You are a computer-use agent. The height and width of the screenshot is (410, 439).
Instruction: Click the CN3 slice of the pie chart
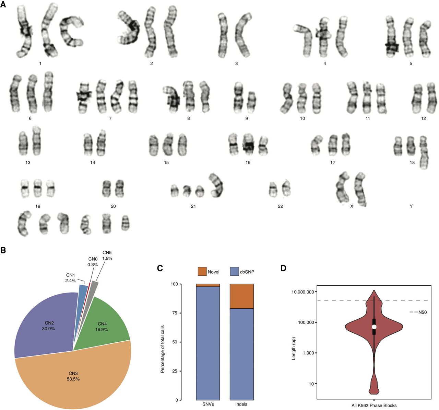(73, 374)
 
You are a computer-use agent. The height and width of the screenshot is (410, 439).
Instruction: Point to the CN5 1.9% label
(107, 255)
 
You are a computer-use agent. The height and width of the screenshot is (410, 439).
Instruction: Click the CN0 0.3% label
(93, 262)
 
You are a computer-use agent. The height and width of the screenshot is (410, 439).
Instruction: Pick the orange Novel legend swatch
(202, 271)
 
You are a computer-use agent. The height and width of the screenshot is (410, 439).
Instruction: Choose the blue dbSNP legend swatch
(235, 271)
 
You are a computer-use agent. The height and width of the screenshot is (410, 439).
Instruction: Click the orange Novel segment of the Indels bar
(241, 296)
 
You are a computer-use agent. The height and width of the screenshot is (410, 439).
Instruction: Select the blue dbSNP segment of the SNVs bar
(208, 343)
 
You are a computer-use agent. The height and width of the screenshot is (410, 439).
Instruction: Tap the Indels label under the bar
(241, 404)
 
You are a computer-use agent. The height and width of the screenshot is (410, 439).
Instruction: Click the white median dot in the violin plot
(374, 327)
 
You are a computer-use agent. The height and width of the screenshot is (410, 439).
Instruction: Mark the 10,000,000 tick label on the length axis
(303, 292)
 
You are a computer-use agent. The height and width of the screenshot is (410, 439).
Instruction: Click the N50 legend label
(423, 312)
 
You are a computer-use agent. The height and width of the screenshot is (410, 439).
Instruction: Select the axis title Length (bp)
(294, 349)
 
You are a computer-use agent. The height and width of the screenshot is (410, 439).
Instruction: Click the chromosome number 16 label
(248, 162)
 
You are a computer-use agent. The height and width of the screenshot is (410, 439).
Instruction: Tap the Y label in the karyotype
(411, 206)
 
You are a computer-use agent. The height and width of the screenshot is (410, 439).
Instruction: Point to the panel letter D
(283, 268)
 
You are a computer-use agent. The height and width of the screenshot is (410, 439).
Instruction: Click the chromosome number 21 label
(193, 206)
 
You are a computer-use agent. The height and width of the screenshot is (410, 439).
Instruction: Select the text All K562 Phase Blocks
(374, 405)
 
